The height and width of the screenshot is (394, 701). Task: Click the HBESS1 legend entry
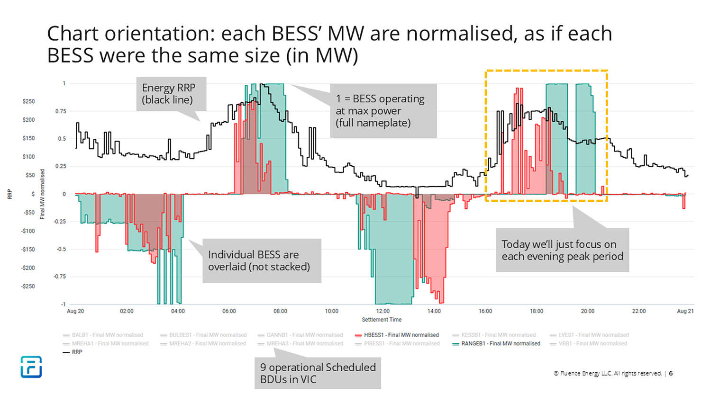(x=401, y=335)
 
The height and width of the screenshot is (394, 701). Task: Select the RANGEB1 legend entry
(x=501, y=343)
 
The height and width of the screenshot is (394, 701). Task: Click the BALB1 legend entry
(x=107, y=335)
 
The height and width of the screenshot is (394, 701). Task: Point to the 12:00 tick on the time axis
(x=382, y=311)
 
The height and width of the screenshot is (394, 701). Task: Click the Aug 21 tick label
(x=685, y=311)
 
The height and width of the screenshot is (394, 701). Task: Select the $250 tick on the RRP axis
(x=28, y=101)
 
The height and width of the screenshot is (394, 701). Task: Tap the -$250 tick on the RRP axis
(x=28, y=286)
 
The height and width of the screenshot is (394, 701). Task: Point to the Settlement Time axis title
(x=382, y=320)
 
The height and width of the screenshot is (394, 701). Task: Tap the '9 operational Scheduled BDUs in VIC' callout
(x=318, y=373)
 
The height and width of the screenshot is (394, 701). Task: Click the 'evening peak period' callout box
(x=562, y=250)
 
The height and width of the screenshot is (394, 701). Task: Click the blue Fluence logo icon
(x=31, y=367)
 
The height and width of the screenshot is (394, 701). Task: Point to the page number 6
(x=671, y=373)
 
